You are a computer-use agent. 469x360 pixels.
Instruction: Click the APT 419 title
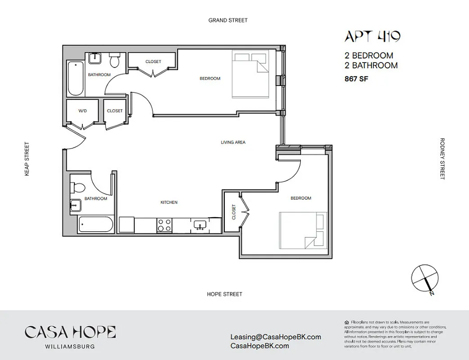tap(372, 36)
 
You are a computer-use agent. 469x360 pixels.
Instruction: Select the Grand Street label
tap(228, 20)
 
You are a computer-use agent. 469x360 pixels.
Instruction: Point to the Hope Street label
tap(224, 294)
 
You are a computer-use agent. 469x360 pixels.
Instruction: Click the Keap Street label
tap(27, 158)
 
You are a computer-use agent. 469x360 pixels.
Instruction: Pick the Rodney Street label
tap(442, 158)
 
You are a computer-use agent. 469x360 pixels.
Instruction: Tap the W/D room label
tap(83, 111)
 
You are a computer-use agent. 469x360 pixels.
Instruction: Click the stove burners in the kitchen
tap(164, 225)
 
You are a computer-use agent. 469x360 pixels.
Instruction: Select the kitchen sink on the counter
tap(200, 224)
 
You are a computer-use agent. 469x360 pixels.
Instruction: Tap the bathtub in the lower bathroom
tap(95, 224)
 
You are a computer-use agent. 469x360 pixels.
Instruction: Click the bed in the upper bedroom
tap(251, 75)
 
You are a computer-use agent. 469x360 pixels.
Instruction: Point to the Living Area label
tap(233, 142)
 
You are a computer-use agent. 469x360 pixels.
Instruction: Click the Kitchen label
tap(169, 202)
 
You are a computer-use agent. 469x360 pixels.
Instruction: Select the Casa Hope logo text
tap(70, 333)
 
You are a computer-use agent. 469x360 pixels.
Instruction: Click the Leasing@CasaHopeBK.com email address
tap(275, 337)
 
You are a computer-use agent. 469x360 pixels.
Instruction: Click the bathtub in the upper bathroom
tap(76, 78)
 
